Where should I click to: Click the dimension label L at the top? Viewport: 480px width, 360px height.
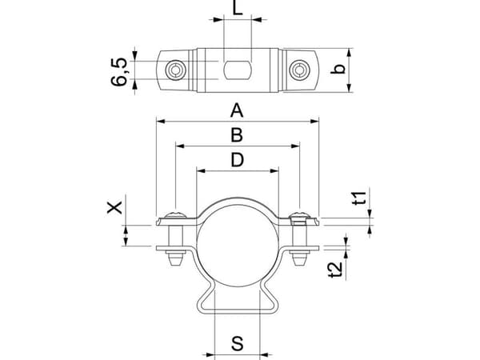pos(238,7)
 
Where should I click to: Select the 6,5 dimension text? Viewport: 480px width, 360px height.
pos(118,71)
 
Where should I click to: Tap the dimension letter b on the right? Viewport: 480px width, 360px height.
pos(338,69)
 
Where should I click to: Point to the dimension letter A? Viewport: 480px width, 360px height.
pos(237,110)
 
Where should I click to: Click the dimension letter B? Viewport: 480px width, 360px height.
pos(237,135)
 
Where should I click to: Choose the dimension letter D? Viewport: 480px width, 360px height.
pos(238,160)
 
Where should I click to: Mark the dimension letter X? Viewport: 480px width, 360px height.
pos(114,207)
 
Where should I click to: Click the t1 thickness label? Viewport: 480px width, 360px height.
pos(358,198)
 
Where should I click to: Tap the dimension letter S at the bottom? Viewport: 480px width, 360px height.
pos(238,343)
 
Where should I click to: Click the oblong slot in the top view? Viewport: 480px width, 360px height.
pos(238,70)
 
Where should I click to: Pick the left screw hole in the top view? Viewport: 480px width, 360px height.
pos(176,70)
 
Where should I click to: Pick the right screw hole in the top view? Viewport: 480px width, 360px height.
pos(300,70)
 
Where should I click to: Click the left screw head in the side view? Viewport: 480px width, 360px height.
pos(175,214)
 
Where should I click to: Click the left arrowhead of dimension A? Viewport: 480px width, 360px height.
pos(161,122)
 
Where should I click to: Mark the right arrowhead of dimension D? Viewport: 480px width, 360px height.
pos(274,171)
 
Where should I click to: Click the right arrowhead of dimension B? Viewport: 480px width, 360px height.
pos(295,146)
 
